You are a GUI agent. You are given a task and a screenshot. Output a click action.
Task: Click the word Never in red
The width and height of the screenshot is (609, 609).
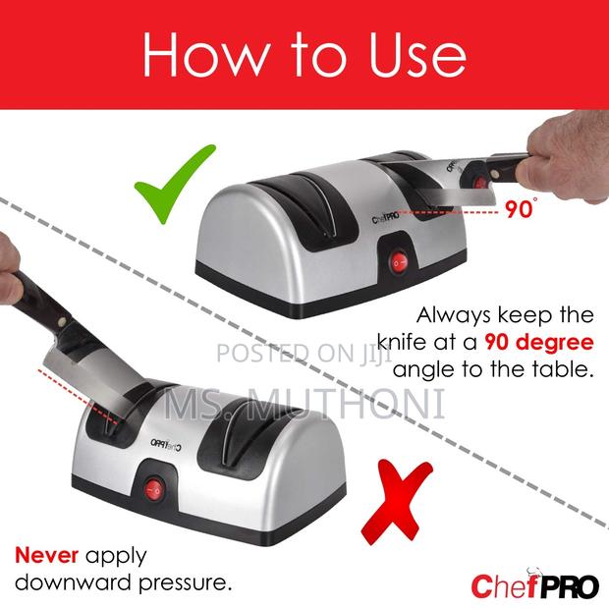(x=43, y=555)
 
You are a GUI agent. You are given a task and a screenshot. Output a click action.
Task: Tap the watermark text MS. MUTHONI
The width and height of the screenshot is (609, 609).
(x=304, y=403)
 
